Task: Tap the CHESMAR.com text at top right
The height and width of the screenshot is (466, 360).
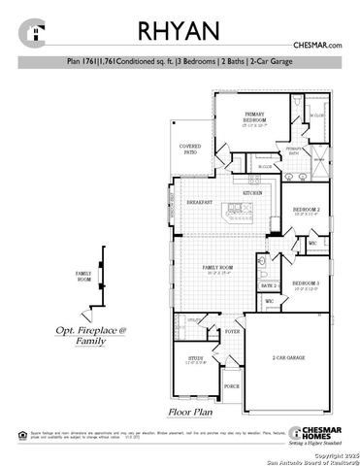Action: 316,45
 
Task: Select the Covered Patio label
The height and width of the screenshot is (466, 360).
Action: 190,149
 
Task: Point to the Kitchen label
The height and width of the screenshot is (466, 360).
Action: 252,193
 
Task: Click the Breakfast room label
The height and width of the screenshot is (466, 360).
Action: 201,202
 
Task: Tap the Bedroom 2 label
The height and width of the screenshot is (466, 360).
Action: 306,210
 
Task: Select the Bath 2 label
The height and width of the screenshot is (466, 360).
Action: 269,285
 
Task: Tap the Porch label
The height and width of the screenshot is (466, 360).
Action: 232,386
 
